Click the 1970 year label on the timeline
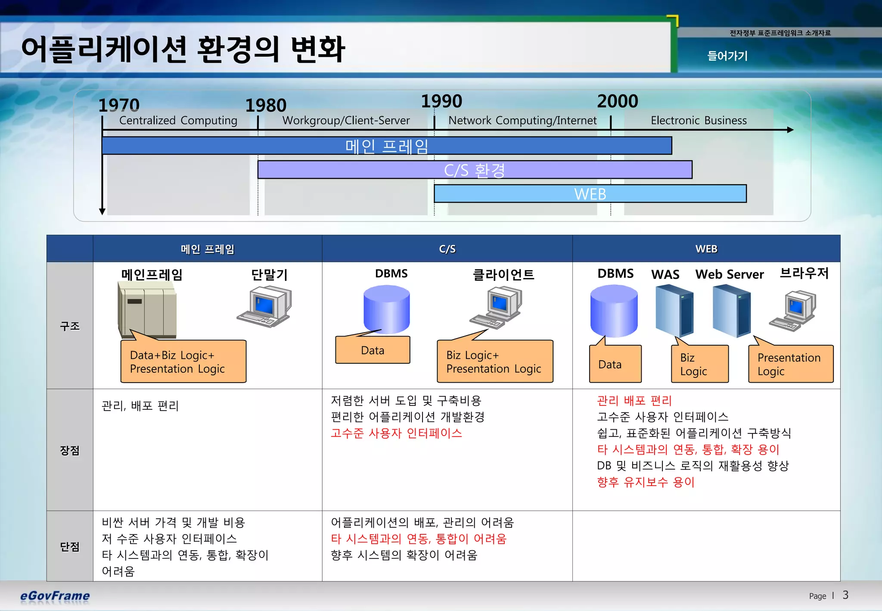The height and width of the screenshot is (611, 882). [119, 105]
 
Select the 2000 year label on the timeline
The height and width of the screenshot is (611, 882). [617, 101]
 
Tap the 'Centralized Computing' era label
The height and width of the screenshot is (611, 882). [178, 120]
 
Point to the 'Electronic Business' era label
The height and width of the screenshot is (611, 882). [699, 120]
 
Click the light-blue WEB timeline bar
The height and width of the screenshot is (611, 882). [590, 194]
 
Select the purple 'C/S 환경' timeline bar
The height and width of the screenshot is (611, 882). [475, 170]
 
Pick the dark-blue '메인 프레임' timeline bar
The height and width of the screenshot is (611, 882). [387, 146]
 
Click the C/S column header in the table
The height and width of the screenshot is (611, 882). [447, 249]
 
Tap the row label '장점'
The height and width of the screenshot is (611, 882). [70, 450]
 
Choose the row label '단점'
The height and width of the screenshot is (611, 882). [70, 546]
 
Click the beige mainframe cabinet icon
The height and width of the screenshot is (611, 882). [147, 309]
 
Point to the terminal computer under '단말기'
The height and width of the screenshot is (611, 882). [264, 307]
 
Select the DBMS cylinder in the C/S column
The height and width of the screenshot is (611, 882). [386, 310]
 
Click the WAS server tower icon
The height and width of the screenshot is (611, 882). [674, 311]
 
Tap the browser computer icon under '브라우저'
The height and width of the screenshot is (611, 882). [793, 310]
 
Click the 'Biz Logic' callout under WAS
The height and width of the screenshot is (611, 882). [699, 364]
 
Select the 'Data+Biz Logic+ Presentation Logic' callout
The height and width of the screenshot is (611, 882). [183, 362]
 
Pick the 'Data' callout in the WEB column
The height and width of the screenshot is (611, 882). [615, 364]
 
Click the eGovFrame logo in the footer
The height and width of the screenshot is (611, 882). [55, 596]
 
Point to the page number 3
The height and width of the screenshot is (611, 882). [845, 595]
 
